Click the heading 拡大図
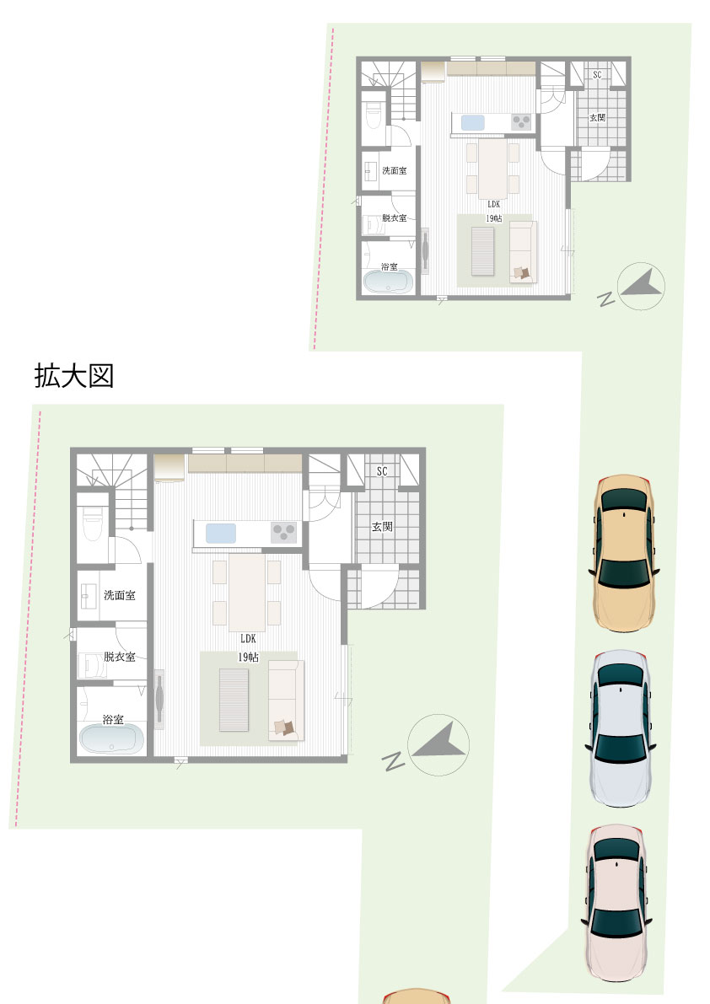74,376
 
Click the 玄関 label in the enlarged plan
382,526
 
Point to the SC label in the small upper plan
597,75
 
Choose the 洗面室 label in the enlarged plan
120,595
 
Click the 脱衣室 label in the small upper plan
395,217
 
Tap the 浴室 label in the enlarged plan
113,720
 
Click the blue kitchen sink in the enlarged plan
220,534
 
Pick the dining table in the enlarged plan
247,593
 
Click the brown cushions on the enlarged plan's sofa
283,727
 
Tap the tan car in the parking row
624,552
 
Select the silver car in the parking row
621,728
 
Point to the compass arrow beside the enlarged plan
438,744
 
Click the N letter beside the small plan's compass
605,299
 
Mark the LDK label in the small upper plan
493,204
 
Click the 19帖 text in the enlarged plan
249,657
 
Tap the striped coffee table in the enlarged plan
234,700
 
